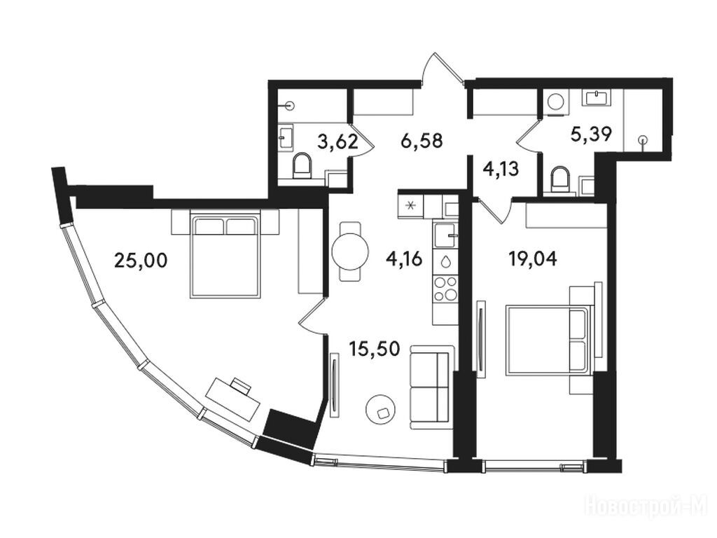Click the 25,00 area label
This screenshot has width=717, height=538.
141,261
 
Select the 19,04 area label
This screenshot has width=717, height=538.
533,259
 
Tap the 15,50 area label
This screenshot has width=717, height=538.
375,349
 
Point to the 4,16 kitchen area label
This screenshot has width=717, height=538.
403,259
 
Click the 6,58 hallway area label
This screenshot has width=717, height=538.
422,140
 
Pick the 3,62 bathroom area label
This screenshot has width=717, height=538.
338,142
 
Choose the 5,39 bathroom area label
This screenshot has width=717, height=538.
591,134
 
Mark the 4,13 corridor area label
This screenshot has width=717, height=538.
501,170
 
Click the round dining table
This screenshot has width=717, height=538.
350,251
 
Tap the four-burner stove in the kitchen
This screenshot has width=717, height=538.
445,289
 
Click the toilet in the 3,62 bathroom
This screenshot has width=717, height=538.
301,165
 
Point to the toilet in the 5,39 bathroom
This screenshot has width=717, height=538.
561,180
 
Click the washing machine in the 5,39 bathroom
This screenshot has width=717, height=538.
556,102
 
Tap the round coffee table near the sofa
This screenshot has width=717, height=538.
381,411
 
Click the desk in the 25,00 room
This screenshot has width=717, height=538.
232,399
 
